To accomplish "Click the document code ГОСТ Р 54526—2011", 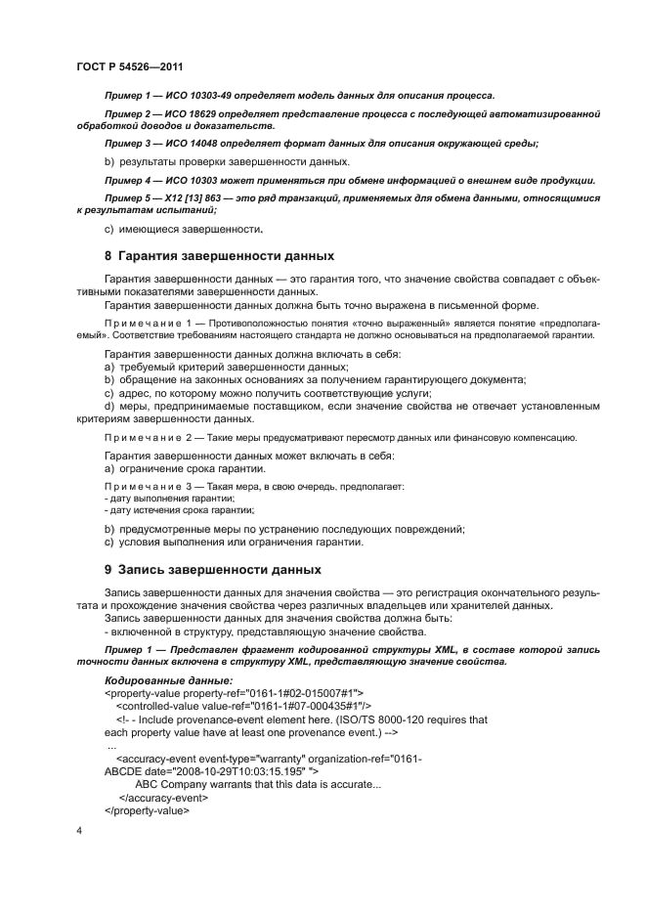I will [x=129, y=67].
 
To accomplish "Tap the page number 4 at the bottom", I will [x=78, y=831].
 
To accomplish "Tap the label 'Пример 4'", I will [x=127, y=181].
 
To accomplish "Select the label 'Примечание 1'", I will [x=144, y=322].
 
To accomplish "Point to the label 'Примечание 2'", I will [x=144, y=437].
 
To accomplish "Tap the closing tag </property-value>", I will [x=147, y=810].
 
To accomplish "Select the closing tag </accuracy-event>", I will [x=163, y=798].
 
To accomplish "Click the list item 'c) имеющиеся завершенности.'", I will [x=183, y=230].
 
